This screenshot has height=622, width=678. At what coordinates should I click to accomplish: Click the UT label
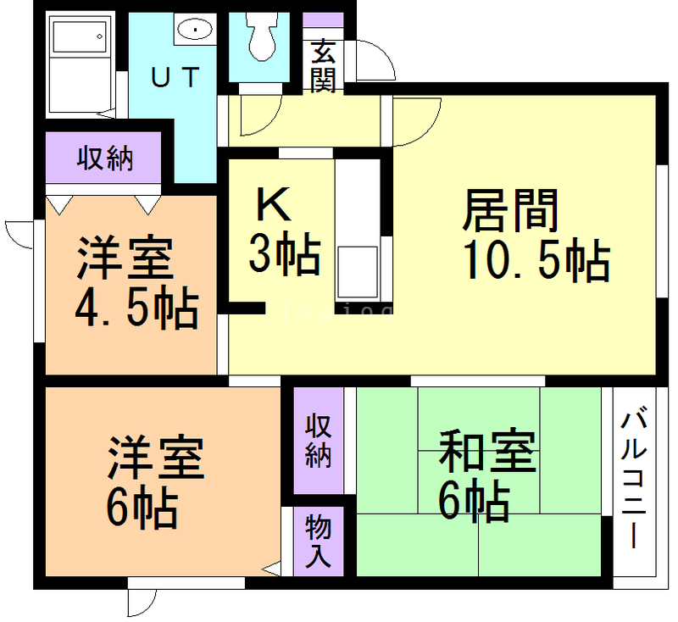[176, 78]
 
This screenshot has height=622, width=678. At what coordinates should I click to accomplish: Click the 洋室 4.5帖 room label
[135, 284]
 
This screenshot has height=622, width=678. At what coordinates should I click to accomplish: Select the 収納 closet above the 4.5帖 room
[105, 158]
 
